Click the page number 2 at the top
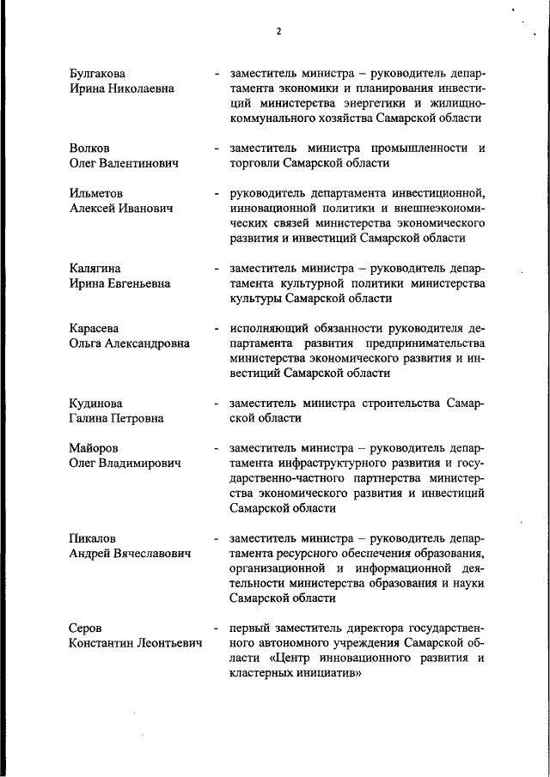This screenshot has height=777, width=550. tap(278, 32)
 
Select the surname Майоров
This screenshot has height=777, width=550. tap(94, 448)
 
